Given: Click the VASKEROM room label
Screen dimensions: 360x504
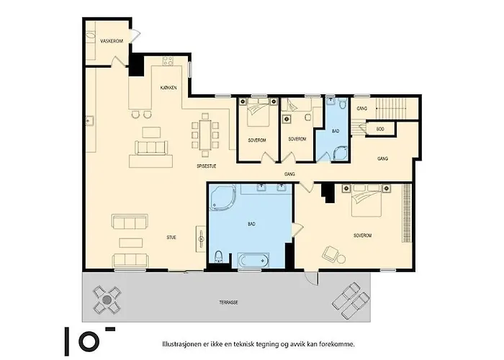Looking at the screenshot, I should coord(109,42).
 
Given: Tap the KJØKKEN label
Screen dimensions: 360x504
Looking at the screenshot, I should coord(169,88).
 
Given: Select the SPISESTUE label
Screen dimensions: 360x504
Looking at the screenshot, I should coord(207,166).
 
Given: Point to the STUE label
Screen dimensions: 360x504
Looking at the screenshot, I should coord(171,236).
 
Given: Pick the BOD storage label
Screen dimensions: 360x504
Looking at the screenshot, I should coord(380,129).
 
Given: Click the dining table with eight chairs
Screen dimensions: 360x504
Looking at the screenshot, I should coord(206,134).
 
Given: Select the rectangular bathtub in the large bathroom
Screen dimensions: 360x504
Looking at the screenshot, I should coord(253,259).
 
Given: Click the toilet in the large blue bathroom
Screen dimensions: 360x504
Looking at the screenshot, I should coord(218,257).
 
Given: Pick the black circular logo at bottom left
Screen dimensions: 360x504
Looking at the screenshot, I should coord(87,341).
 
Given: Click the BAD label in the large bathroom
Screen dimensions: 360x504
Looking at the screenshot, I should coord(251,225).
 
